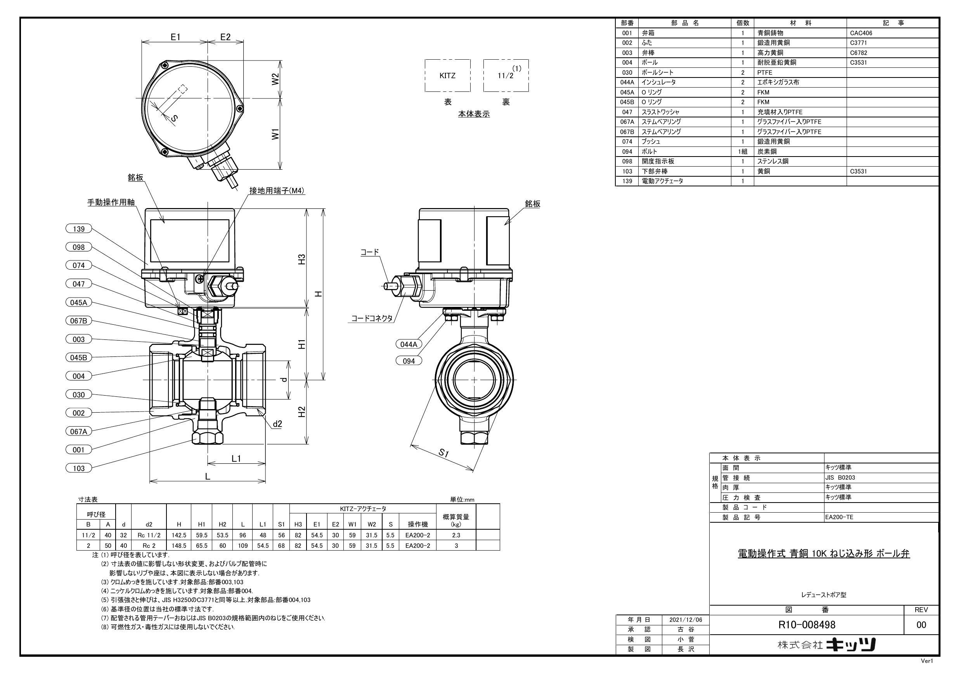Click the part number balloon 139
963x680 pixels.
tap(78, 229)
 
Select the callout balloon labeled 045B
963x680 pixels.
tap(78, 357)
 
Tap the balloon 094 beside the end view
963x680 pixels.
tap(409, 361)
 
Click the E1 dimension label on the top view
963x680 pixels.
tap(175, 37)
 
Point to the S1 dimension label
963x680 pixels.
tap(444, 453)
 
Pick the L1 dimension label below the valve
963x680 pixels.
tap(237, 458)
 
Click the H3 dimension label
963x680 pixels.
tap(301, 259)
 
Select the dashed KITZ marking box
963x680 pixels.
tap(447, 76)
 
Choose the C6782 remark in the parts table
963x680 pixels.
tap(859, 53)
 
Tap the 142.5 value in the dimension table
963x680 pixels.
tap(179, 535)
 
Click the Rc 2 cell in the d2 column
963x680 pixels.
tap(149, 545)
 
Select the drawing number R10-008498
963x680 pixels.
tap(807, 624)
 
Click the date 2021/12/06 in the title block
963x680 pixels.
tap(686, 619)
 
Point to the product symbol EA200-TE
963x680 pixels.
tap(838, 517)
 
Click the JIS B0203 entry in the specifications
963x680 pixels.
tap(840, 477)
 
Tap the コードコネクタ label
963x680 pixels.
tap(372, 318)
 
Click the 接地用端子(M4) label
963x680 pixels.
tap(277, 191)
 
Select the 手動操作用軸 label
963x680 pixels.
tap(111, 202)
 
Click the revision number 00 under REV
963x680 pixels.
tap(921, 625)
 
